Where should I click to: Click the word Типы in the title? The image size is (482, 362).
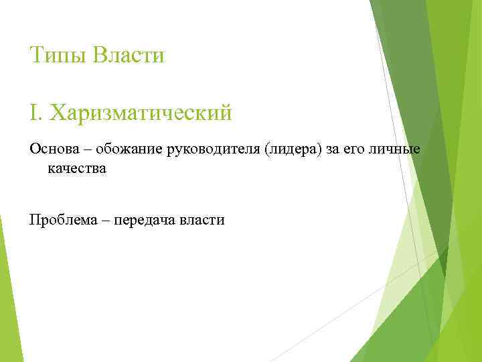[58, 55]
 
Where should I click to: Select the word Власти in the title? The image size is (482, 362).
[129, 54]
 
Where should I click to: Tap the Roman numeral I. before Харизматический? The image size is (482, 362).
[35, 112]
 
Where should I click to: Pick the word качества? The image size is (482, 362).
[77, 168]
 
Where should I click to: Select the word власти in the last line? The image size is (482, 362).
[202, 219]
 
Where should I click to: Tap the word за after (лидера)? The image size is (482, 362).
[333, 149]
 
